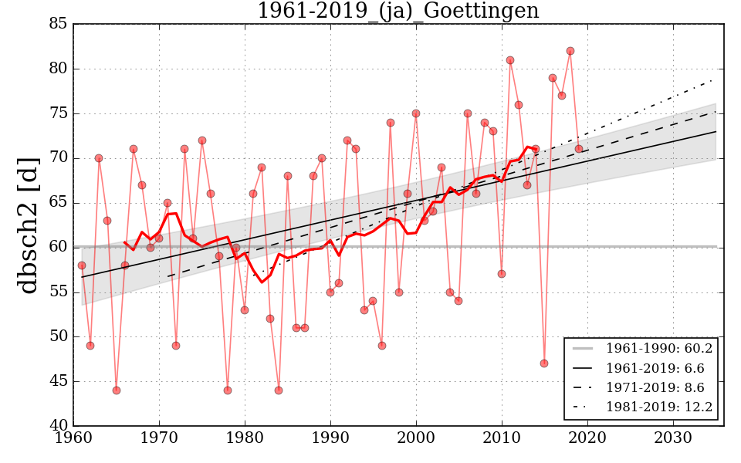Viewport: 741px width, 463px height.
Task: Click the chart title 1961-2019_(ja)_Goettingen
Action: (398, 12)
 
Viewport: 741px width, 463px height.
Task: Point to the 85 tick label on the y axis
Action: (59, 24)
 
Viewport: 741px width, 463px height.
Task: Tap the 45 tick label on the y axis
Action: (59, 381)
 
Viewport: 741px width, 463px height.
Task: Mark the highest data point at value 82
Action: (570, 51)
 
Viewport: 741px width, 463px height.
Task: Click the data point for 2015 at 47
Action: (544, 363)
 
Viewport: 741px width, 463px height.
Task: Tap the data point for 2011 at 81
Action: (510, 60)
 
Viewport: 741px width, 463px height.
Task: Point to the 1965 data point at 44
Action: (117, 390)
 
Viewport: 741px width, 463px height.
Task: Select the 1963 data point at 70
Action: (99, 158)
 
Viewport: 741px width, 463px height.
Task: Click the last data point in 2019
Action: (579, 149)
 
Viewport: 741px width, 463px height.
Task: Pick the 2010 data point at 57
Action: (502, 274)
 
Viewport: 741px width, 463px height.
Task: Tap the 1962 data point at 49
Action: (90, 346)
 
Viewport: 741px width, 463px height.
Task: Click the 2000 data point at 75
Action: (416, 113)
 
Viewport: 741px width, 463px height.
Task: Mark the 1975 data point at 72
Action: (202, 140)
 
